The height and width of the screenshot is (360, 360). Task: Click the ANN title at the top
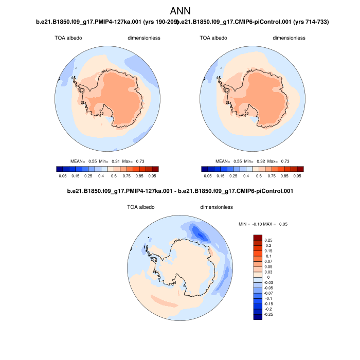tap(180, 11)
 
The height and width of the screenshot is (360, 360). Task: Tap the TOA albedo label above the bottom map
tap(140, 207)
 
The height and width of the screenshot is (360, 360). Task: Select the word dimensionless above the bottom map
tap(217, 207)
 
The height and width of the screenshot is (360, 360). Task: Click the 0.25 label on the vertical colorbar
tap(268, 240)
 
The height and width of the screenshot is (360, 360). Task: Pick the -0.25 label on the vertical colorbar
tap(269, 314)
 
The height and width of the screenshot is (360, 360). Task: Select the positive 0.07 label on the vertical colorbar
tap(268, 262)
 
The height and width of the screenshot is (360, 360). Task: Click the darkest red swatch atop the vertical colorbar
tap(258, 237)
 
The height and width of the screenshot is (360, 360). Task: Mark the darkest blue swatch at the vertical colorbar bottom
tap(258, 316)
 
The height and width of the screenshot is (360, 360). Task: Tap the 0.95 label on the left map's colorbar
tap(152, 175)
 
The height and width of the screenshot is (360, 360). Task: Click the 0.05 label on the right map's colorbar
tap(208, 175)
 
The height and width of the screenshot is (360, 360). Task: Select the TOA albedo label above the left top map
tap(68, 38)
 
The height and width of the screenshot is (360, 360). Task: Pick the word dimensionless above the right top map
tap(289, 38)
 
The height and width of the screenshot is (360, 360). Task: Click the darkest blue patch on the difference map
tap(202, 234)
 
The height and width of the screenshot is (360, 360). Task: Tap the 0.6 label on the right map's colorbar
tap(259, 175)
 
